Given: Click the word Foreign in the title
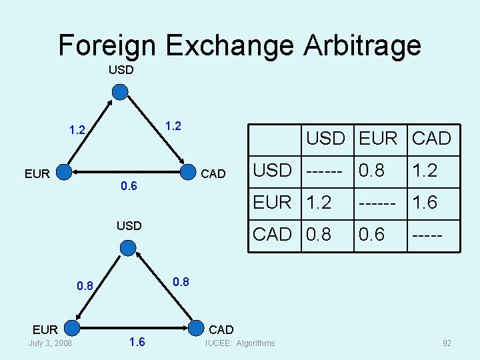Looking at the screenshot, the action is [107, 45].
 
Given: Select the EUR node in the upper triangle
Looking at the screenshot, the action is [64, 173].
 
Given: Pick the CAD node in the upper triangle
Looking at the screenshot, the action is [192, 173].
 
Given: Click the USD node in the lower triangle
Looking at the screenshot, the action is [128, 248].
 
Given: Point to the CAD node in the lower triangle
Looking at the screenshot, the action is [197, 329].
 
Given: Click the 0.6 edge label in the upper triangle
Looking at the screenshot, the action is [129, 186].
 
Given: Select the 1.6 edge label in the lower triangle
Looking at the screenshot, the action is [137, 343].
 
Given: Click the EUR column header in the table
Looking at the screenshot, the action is [377, 139].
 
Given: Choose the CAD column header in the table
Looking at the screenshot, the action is [432, 139].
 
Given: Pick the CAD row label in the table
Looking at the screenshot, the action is [273, 235].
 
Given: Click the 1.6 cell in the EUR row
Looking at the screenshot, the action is [424, 203].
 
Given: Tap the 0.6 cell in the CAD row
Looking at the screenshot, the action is [371, 235].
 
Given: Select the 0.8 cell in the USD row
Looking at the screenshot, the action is [371, 171].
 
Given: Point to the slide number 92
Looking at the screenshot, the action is [447, 343].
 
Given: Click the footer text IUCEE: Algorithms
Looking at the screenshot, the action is [240, 343].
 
